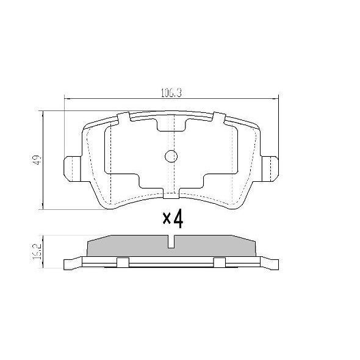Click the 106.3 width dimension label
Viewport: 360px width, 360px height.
(171, 93)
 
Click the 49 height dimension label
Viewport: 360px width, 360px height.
(37, 160)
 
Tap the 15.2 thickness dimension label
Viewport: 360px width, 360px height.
(37, 251)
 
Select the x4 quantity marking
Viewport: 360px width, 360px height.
(173, 218)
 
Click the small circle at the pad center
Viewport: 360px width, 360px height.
(171, 157)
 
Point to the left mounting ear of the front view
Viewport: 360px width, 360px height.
(73, 169)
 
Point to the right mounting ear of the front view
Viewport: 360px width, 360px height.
(270, 169)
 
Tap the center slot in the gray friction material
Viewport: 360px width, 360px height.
(171, 242)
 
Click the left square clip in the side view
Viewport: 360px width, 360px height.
(123, 262)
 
